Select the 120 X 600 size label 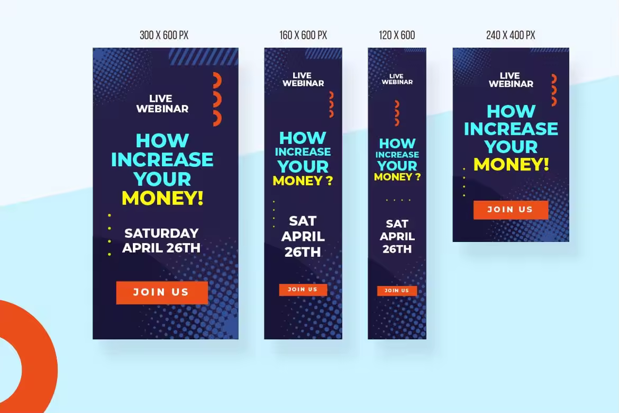(x=397, y=35)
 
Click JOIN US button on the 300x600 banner (x=162, y=292)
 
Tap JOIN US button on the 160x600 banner (x=303, y=290)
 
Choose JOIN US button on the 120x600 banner (x=397, y=291)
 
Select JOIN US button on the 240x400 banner (x=511, y=210)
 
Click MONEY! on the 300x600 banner (x=162, y=198)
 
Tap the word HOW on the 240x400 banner (x=511, y=111)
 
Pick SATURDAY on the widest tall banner (x=161, y=233)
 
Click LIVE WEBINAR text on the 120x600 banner (x=397, y=79)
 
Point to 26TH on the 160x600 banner (x=303, y=252)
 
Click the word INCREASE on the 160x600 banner (x=303, y=152)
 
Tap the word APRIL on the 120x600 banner (x=397, y=236)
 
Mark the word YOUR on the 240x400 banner (x=511, y=147)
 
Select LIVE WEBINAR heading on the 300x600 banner (x=162, y=104)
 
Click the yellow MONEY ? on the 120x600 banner (x=397, y=177)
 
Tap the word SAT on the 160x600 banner (x=303, y=221)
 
